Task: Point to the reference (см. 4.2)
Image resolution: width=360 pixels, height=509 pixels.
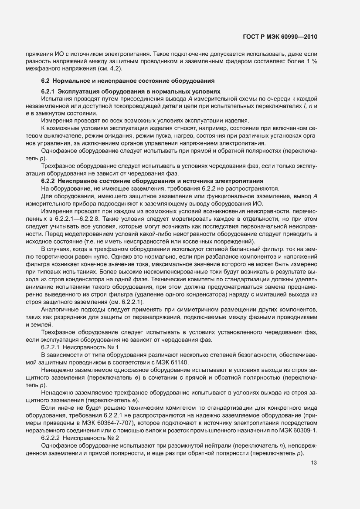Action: coord(112,69)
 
